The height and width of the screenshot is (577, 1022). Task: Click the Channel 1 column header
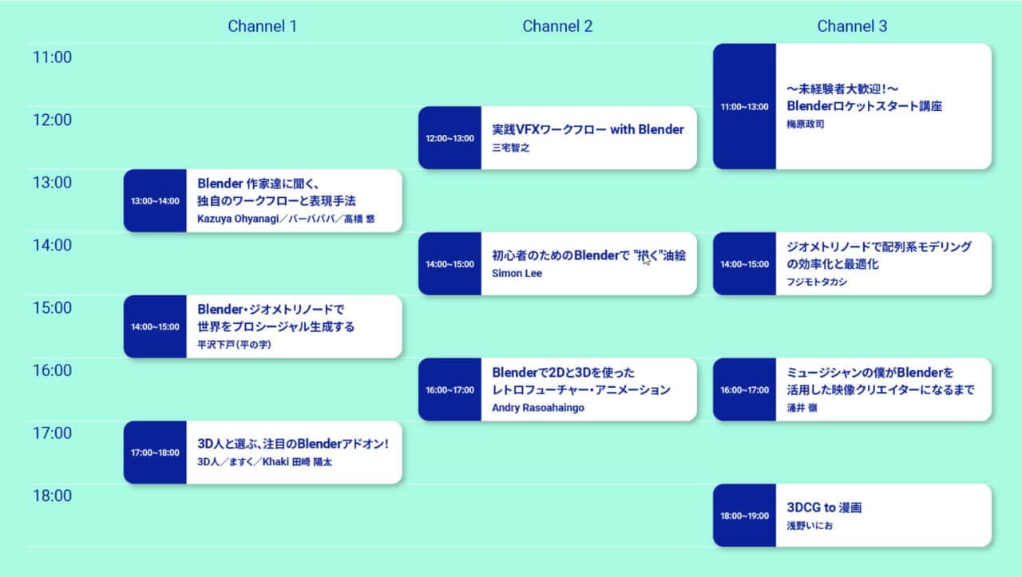tap(263, 26)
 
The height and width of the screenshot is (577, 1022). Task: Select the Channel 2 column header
tap(557, 26)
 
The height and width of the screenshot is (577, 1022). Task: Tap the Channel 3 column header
tap(852, 26)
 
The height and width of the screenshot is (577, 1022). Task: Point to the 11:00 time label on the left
tap(52, 57)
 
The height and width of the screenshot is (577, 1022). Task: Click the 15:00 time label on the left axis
tap(52, 308)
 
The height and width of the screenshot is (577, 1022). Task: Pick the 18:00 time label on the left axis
tap(52, 496)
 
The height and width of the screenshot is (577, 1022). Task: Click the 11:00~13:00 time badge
tap(744, 107)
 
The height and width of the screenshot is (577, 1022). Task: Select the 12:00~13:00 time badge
tap(450, 138)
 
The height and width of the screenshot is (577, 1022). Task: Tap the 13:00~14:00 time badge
tap(155, 201)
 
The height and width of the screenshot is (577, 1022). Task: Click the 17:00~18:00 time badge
tap(155, 453)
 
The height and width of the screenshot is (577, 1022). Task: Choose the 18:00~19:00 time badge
tap(744, 516)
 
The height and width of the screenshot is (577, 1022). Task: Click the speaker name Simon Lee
tap(517, 273)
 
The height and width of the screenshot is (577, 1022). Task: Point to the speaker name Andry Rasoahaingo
tap(538, 408)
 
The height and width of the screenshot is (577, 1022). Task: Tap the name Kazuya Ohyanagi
tap(238, 219)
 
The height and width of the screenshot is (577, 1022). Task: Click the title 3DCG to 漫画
tap(824, 508)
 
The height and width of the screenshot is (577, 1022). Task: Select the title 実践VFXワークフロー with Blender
tap(588, 129)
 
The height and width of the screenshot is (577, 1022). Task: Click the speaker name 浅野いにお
tap(810, 526)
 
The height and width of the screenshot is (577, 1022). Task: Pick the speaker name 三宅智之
tap(510, 148)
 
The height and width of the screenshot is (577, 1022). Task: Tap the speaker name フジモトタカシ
tap(817, 282)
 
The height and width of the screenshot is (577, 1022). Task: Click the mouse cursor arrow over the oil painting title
tap(646, 260)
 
